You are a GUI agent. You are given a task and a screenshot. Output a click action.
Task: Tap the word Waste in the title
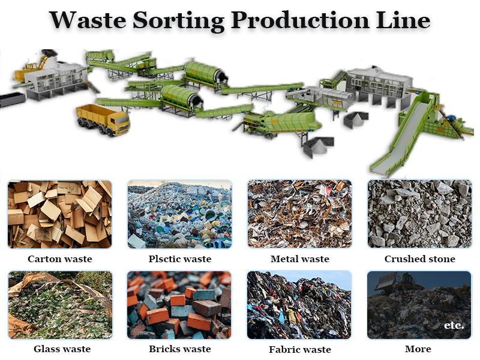click(87, 21)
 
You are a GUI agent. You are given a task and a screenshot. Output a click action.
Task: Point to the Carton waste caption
click(60, 259)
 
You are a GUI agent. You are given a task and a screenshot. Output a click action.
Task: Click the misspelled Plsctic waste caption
click(180, 259)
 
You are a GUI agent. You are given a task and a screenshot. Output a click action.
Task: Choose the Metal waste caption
click(300, 259)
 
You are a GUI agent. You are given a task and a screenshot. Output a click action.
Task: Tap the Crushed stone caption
click(420, 259)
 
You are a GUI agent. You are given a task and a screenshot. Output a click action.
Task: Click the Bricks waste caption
click(180, 349)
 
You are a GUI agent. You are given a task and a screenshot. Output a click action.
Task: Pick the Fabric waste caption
click(300, 349)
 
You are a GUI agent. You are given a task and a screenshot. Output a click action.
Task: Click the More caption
click(418, 349)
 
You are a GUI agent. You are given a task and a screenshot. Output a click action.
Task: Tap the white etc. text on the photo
click(454, 325)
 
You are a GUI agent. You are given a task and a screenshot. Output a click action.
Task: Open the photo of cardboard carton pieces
click(60, 214)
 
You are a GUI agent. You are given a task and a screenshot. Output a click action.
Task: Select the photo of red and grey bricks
click(179, 305)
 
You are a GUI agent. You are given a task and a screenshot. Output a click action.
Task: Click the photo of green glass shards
click(60, 305)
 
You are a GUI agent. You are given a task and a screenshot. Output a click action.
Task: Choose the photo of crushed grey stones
click(419, 214)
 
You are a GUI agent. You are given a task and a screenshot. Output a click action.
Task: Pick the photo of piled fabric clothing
click(299, 305)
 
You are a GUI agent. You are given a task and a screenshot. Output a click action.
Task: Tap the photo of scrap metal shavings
click(299, 214)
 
